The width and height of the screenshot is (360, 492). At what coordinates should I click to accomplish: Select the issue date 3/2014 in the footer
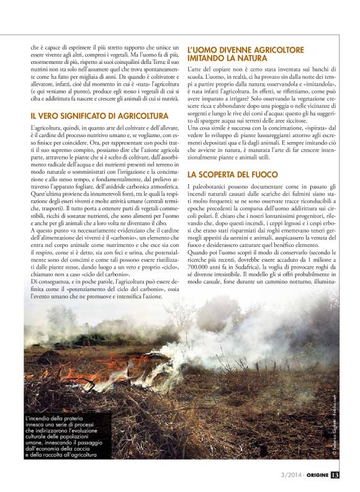click(x=286, y=476)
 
